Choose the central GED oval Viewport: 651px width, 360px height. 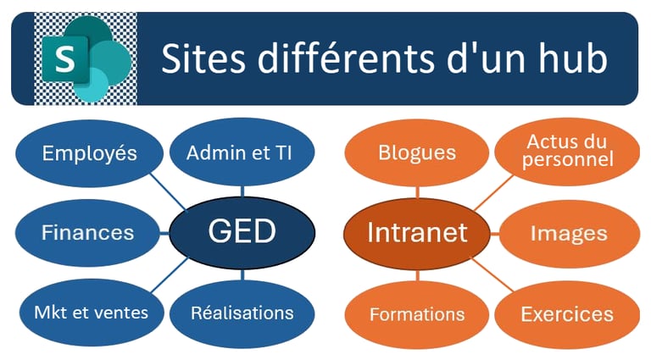[x=242, y=231]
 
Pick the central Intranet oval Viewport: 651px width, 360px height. [x=417, y=231]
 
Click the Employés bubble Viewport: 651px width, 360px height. [x=90, y=153]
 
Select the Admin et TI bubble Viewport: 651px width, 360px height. [x=239, y=153]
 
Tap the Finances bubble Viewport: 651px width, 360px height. [x=88, y=232]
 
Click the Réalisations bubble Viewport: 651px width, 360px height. [x=242, y=312]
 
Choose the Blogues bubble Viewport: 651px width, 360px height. [x=416, y=153]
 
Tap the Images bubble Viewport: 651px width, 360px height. [x=569, y=233]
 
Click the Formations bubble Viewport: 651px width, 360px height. [x=416, y=314]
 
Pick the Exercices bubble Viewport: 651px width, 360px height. [x=567, y=314]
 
